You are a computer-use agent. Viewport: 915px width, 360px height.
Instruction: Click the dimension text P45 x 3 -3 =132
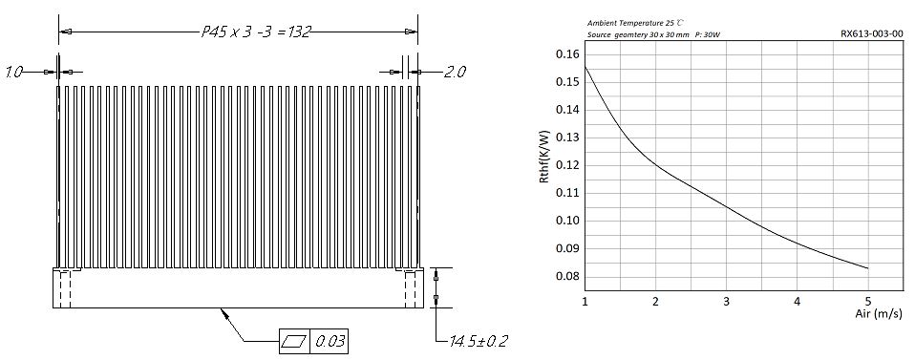256,32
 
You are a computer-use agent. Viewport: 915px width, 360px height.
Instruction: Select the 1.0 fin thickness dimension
14,73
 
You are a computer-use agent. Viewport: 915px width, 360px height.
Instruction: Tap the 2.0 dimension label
455,73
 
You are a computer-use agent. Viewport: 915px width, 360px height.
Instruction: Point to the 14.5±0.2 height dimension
478,341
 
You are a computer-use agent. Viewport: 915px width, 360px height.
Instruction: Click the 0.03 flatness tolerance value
330,341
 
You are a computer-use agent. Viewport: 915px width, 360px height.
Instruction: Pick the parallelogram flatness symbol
295,341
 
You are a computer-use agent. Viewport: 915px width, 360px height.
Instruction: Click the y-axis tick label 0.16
564,54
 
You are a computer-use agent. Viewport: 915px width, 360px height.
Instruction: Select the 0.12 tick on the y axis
564,165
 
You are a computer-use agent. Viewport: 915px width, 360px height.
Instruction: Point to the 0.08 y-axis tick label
564,276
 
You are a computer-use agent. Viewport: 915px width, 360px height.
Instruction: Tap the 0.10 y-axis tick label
564,221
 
